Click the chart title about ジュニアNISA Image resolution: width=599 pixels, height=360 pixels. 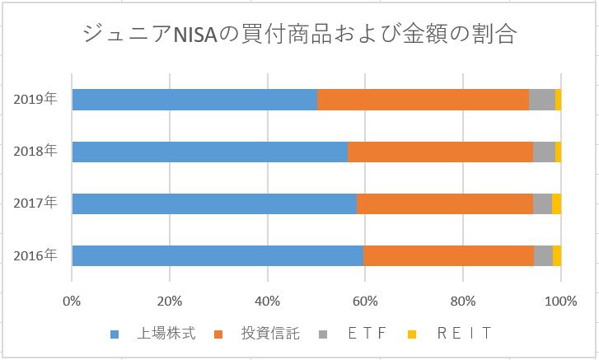(300, 35)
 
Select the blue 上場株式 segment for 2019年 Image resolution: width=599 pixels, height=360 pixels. (194, 100)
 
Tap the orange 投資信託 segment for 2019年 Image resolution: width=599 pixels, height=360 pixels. (423, 100)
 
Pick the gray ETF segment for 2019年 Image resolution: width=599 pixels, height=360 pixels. (541, 100)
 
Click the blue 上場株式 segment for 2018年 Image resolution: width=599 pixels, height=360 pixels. (209, 152)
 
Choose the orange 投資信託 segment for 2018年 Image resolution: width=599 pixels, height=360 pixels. (440, 152)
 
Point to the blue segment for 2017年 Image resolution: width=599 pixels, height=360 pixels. (214, 203)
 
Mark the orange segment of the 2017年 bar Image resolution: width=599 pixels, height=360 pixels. (445, 203)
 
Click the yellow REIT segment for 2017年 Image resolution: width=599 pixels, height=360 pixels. (556, 203)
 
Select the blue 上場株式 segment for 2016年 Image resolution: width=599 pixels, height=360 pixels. (218, 255)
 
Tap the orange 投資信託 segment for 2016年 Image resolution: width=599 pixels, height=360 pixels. (448, 255)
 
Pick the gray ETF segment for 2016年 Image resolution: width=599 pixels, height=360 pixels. (543, 255)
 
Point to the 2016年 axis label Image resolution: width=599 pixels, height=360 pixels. (35, 255)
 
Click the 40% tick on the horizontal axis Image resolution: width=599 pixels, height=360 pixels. (268, 299)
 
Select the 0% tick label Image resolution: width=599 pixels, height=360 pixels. (73, 299)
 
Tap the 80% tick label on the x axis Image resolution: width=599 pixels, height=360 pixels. (463, 299)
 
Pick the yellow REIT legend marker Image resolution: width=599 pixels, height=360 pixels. (412, 334)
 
